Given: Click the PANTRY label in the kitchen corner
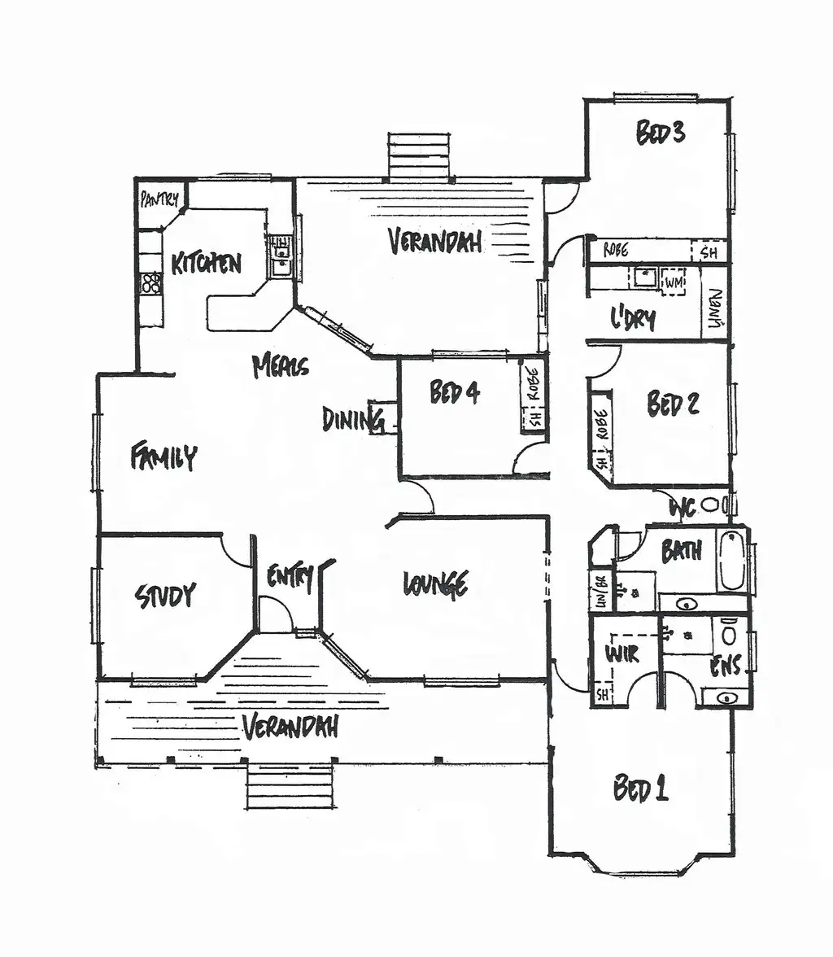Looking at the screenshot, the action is pos(159,199).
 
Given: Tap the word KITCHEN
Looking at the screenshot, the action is pos(207,263).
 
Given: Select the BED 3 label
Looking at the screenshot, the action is pos(660,133).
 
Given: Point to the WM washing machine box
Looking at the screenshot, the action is pos(673,282).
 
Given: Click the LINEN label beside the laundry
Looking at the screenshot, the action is pos(715,309).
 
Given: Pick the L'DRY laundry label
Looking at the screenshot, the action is pos(633,319).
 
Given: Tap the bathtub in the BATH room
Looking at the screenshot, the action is pos(731,560).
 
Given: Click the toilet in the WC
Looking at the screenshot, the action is pos(711,505).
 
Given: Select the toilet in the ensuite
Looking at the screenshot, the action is pos(730,631).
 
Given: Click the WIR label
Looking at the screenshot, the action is pos(621,653).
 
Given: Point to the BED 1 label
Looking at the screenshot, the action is pos(640,789).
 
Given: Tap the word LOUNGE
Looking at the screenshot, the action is pos(435,583).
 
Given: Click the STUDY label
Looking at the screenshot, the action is pos(166,596).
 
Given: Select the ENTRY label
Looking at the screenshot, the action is pos(290,578).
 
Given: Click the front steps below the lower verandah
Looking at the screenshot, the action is pos(290,786).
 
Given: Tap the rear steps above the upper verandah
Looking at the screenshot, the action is pos(419,155).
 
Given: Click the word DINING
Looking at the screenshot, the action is pos(352,419).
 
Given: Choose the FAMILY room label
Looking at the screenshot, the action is pos(164,456).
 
